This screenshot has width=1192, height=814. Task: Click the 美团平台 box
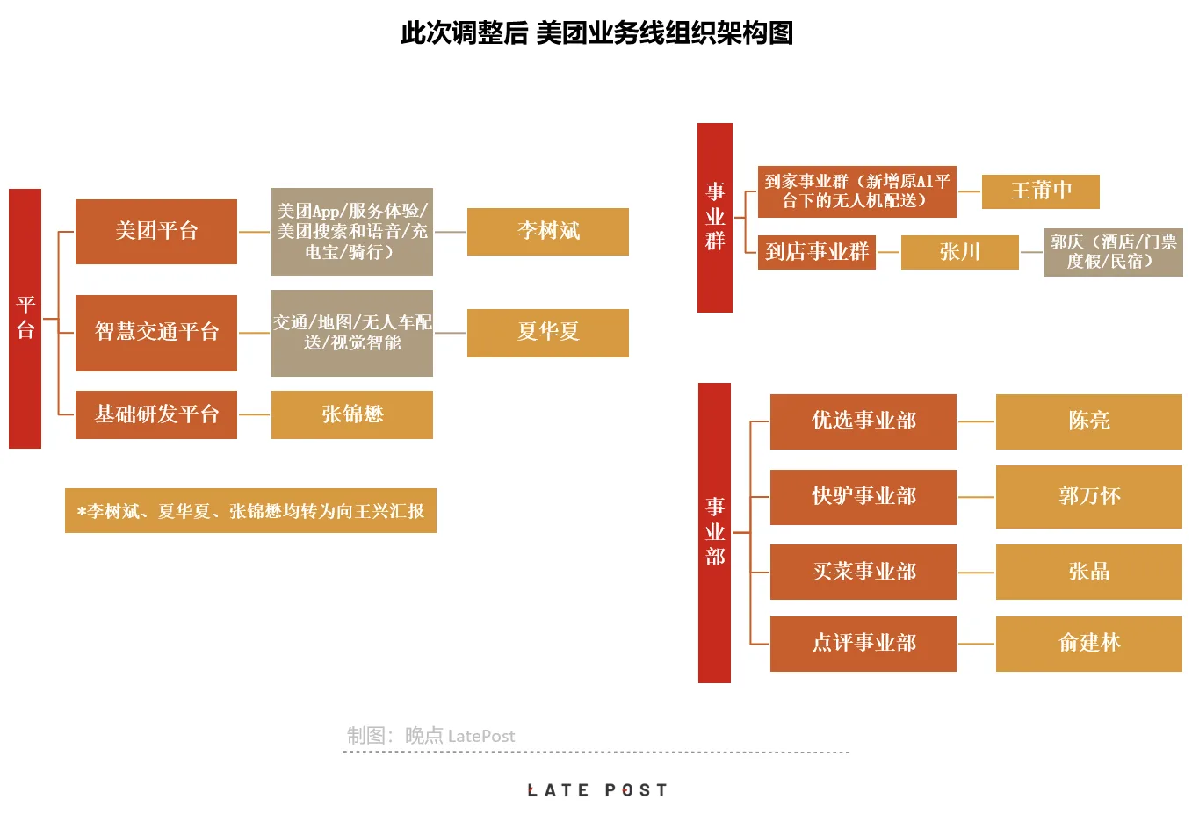[x=156, y=232]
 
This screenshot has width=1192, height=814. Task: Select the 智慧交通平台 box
[x=156, y=333]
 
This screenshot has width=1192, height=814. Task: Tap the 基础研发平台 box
[x=156, y=414]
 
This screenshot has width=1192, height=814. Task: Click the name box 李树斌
[x=547, y=232]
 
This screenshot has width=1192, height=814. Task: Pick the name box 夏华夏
[x=547, y=333]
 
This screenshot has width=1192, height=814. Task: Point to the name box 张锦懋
[x=351, y=414]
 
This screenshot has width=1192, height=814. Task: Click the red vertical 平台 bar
[x=25, y=318]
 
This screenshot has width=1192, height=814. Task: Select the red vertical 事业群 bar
[x=715, y=217]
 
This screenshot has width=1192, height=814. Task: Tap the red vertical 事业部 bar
[x=714, y=532]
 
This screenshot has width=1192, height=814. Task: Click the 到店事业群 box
[x=816, y=252]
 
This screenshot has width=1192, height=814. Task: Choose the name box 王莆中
[x=1040, y=191]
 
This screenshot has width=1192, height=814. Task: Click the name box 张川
[x=959, y=252]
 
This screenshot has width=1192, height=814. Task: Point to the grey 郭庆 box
[x=1113, y=252]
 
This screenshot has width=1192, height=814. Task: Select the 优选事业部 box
[x=863, y=421]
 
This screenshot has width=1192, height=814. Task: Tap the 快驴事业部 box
[x=863, y=497]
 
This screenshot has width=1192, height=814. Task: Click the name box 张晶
[x=1088, y=572]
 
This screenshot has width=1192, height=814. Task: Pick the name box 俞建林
[x=1088, y=644]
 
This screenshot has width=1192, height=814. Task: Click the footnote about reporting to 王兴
[x=250, y=511]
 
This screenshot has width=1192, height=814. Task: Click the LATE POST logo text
[x=596, y=790]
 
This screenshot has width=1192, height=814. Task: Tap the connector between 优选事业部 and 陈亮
[x=976, y=421]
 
